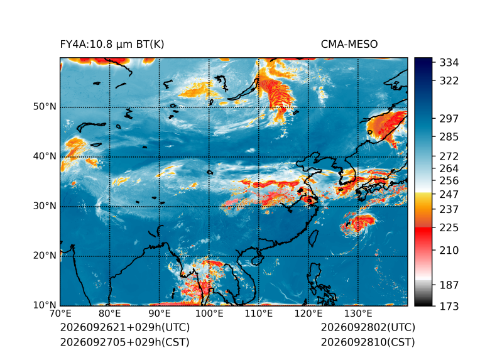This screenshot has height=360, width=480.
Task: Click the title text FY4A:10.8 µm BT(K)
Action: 112,45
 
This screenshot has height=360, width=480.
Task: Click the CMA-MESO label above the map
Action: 349,45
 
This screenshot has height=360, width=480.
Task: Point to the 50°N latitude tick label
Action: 45,107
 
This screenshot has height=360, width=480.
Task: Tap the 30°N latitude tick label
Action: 45,205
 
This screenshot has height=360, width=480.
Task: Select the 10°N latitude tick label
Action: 45,305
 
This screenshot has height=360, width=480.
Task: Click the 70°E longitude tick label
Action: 60,314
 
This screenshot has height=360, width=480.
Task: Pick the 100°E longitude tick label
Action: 209,314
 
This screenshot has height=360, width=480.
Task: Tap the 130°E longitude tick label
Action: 358,314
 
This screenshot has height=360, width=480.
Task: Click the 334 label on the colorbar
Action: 449,63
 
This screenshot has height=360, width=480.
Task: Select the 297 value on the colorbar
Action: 449,119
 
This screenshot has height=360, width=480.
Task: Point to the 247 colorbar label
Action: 449,194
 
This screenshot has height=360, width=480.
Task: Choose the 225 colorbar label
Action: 449,228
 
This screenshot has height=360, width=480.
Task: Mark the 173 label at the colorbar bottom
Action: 449,306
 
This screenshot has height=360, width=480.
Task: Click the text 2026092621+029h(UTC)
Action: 125,327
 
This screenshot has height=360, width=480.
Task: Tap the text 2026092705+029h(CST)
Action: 125,342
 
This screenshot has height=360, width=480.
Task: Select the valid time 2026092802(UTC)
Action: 368,327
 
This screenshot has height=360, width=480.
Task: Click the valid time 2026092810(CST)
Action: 368,342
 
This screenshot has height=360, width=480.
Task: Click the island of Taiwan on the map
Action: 313,239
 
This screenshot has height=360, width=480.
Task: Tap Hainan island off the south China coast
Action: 257,260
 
